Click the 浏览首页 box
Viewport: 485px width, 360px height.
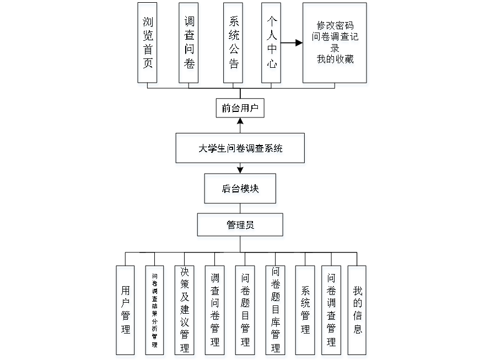point(148,45)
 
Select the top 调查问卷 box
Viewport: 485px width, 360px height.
point(189,45)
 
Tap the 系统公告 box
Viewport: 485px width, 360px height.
point(234,45)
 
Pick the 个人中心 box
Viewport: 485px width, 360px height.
point(271,45)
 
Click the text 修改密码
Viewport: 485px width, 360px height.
point(335,26)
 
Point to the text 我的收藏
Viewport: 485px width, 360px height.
point(335,60)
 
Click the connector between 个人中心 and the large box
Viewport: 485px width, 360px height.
point(293,42)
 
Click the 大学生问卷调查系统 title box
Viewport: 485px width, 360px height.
point(240,149)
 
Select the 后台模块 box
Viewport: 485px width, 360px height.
point(240,191)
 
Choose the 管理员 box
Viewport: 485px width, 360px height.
point(240,227)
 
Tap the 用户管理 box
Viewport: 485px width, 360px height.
point(126,312)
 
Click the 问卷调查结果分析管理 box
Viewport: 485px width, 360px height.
point(155,312)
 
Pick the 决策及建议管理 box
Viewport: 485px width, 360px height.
point(185,312)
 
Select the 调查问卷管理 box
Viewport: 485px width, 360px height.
point(215,312)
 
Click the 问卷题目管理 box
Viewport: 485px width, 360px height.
point(246,312)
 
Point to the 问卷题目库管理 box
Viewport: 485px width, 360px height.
point(276,312)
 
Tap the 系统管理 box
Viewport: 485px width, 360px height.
point(306,312)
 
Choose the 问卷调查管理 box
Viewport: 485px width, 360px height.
point(332,312)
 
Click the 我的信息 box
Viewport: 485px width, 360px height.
point(358,312)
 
